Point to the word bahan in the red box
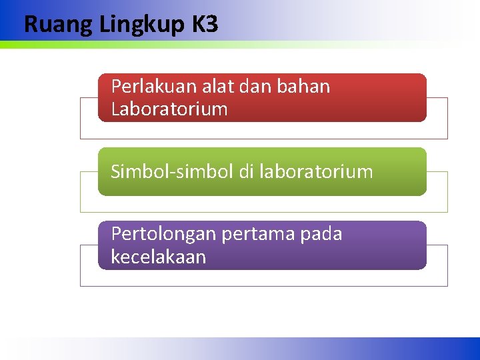point(303,87)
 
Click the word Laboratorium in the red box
point(169,109)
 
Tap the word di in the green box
point(247,172)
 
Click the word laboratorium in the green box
point(316,172)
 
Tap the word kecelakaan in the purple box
point(159,257)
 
